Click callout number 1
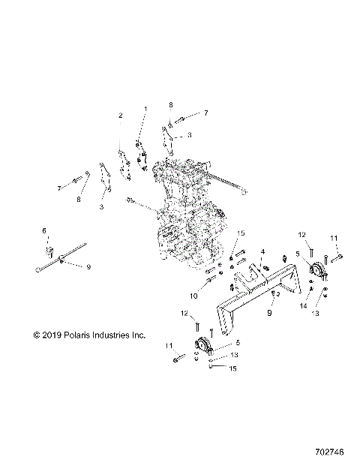145,110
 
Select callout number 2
120,116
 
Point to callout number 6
43,230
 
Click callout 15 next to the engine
241,234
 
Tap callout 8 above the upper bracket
171,104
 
